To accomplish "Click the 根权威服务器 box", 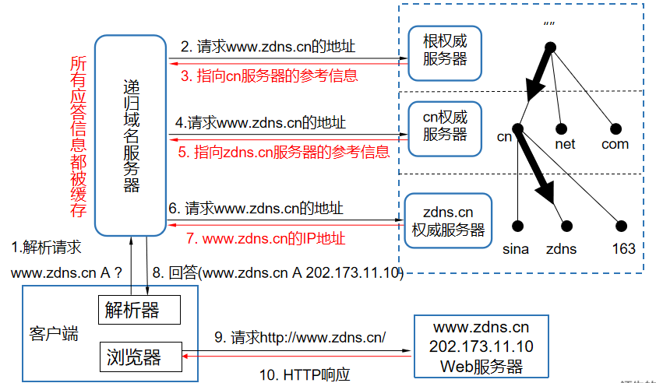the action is tap(445, 52).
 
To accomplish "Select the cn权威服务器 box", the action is tap(445, 126).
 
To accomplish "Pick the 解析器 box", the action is tap(139, 310).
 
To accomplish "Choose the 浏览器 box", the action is tap(139, 357).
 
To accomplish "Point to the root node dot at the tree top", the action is tap(551, 48).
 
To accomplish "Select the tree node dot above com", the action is tap(615, 127).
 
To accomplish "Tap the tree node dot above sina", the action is tap(518, 227).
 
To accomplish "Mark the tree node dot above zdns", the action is tap(561, 227).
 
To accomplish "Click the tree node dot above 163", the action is tap(621, 227).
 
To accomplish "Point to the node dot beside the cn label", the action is tap(518, 128).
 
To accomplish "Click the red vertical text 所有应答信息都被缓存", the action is tap(77, 136).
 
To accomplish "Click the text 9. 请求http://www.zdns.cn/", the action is tap(300, 338).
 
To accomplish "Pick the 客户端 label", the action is tap(54, 335).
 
